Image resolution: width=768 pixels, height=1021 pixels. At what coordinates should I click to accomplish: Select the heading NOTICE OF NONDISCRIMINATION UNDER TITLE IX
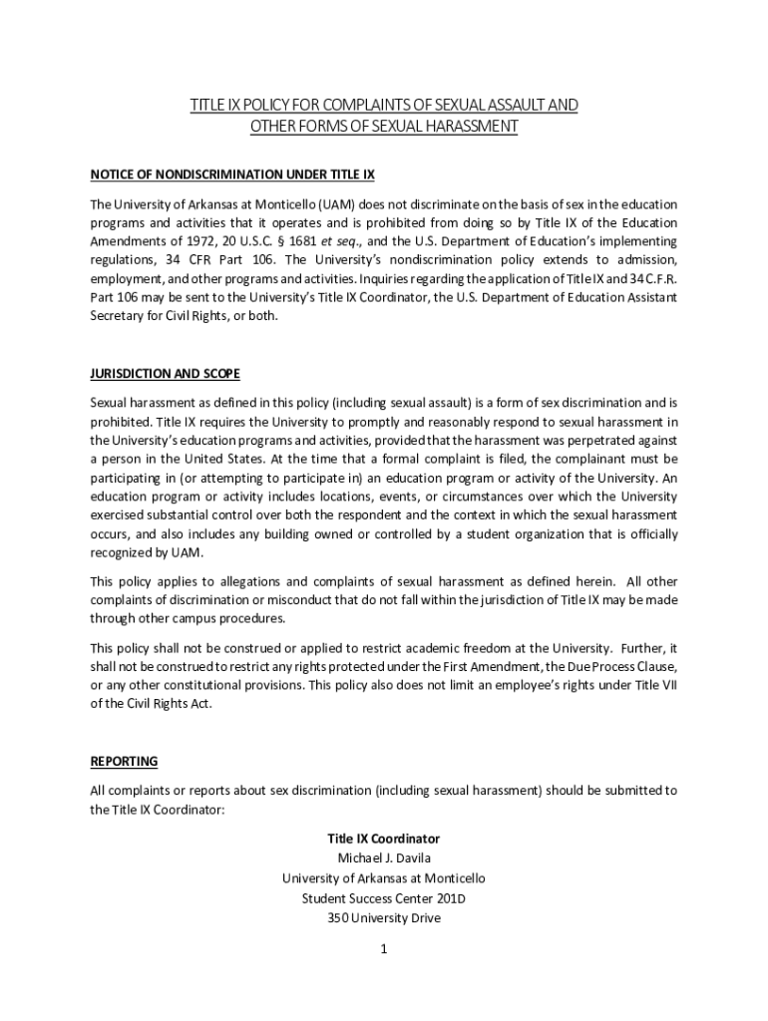[x=232, y=173]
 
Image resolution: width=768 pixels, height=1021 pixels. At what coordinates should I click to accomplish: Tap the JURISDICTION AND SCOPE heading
[x=165, y=374]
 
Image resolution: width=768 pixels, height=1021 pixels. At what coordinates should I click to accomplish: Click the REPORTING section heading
[x=124, y=761]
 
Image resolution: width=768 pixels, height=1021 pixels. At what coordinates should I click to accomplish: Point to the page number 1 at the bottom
[x=383, y=949]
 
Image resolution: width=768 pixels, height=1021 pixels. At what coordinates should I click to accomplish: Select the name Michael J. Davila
[x=384, y=858]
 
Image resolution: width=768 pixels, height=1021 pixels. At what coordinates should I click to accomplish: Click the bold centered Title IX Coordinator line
[x=384, y=839]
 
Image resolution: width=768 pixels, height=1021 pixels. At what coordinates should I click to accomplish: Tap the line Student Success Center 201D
[x=384, y=898]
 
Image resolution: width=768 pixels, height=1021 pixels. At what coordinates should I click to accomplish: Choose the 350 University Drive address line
[x=384, y=918]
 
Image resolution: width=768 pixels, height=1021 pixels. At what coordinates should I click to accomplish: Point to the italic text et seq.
[x=337, y=241]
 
